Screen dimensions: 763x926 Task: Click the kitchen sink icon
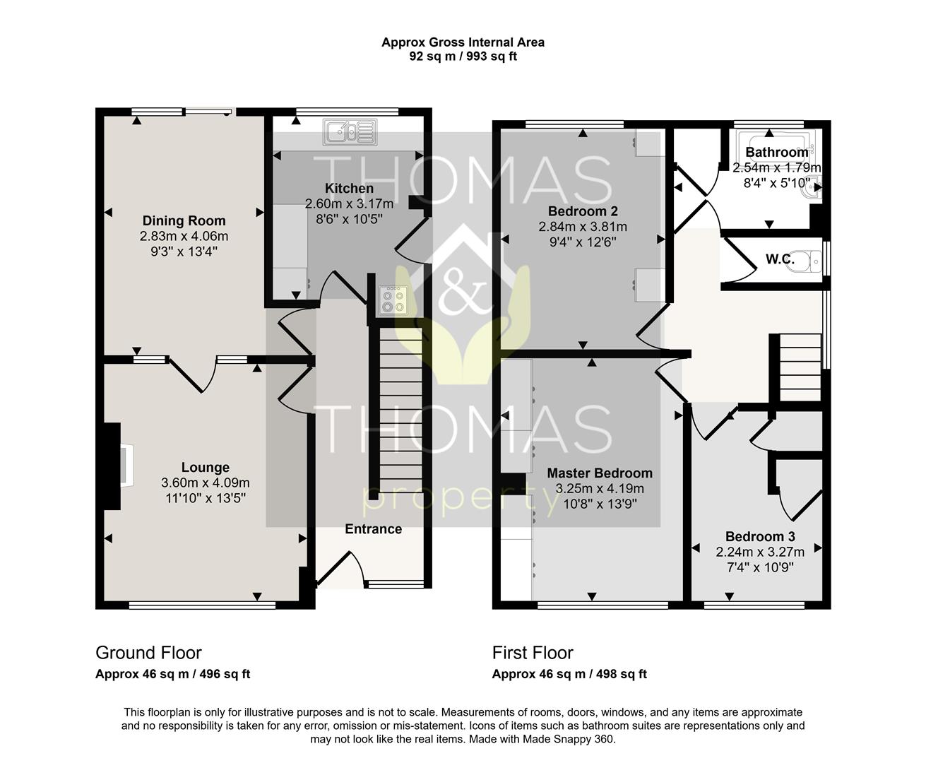(x=349, y=131)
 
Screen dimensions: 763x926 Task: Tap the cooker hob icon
(x=393, y=300)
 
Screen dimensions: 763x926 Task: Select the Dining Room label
(x=184, y=220)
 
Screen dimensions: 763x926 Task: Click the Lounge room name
(x=205, y=467)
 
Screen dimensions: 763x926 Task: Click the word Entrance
(x=373, y=529)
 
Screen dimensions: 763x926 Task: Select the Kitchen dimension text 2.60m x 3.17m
(x=349, y=203)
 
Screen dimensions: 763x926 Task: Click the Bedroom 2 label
(x=583, y=211)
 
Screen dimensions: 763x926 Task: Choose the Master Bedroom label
(x=600, y=473)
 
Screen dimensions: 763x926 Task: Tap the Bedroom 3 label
(x=755, y=536)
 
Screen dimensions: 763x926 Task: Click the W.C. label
(x=780, y=259)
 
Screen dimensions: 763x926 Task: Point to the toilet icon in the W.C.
(x=812, y=261)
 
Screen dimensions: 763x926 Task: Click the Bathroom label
(x=776, y=152)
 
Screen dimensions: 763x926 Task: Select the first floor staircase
(x=800, y=367)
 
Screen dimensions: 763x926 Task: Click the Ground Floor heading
(x=148, y=653)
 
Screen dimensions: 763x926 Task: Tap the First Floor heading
(x=533, y=653)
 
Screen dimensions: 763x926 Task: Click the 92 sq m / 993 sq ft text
(x=463, y=57)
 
